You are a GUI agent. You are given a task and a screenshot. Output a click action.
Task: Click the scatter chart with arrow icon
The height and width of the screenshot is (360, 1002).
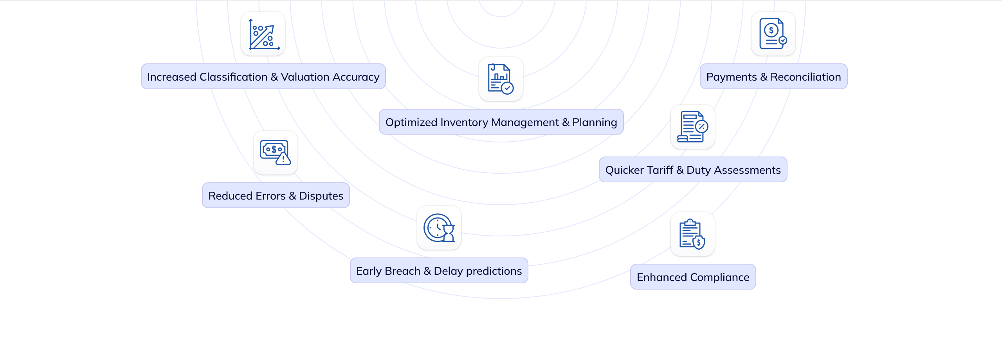coord(264,34)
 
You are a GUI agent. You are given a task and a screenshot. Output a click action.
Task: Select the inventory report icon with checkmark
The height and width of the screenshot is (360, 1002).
coord(501,79)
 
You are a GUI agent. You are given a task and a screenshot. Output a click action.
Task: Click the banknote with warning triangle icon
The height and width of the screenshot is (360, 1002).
coord(275,153)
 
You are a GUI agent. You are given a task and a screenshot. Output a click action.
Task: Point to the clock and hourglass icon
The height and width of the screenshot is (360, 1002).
coord(439,228)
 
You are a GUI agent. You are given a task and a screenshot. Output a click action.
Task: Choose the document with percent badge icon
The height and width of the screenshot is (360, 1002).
coord(692,127)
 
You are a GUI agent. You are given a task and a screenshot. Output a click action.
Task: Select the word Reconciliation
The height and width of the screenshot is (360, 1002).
coord(806,77)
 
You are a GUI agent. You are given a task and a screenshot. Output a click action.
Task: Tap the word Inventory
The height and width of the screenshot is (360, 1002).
coord(464,122)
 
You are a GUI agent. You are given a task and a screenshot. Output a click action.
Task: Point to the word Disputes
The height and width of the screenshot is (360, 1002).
coord(321,196)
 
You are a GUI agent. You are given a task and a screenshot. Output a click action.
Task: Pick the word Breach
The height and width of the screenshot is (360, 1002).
coord(402,271)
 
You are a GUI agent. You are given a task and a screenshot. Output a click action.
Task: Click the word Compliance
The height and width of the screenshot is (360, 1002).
coord(720,277)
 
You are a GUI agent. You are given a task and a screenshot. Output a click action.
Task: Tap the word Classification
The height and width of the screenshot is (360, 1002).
coord(233,77)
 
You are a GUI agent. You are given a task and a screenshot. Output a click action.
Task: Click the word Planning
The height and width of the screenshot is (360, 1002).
coord(595,122)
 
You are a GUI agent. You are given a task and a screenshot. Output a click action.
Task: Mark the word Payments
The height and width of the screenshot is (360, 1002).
coord(732,77)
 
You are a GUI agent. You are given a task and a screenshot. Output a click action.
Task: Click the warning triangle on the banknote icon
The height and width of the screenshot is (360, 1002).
coord(283,158)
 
